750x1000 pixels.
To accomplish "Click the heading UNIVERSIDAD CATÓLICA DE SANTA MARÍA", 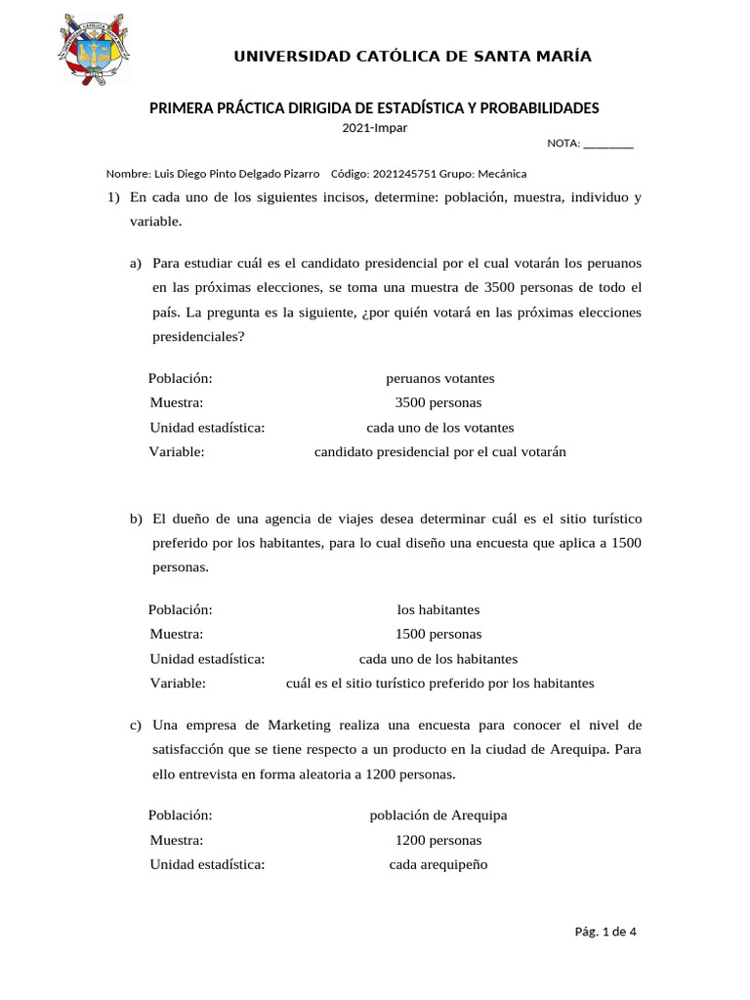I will click(412, 56).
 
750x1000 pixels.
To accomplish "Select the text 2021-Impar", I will click(374, 127).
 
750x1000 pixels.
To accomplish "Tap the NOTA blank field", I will click(607, 144).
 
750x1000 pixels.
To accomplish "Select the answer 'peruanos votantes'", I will click(439, 378).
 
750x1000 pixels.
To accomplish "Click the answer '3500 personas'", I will click(437, 402).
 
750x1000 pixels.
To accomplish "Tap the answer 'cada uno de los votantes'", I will click(439, 428).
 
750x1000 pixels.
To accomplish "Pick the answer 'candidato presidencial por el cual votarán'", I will click(439, 452).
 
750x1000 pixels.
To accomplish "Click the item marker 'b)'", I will click(136, 518).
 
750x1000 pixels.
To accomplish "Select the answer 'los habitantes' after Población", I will click(438, 609).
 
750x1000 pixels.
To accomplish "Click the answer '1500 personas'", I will click(437, 634).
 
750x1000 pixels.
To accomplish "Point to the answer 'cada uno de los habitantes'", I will click(438, 659).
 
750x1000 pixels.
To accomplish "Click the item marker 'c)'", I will click(136, 725).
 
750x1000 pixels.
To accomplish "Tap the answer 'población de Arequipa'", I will click(438, 815).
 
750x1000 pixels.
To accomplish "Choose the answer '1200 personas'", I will click(437, 840).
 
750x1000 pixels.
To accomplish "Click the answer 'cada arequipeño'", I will click(437, 864).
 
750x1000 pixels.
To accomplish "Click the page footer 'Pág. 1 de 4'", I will click(605, 931).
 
